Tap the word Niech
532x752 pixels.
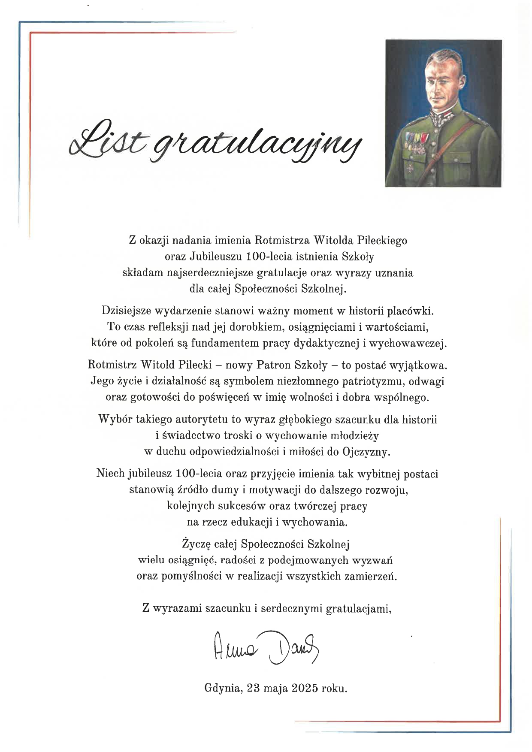pos(110,474)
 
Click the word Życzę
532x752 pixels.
pos(195,545)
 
